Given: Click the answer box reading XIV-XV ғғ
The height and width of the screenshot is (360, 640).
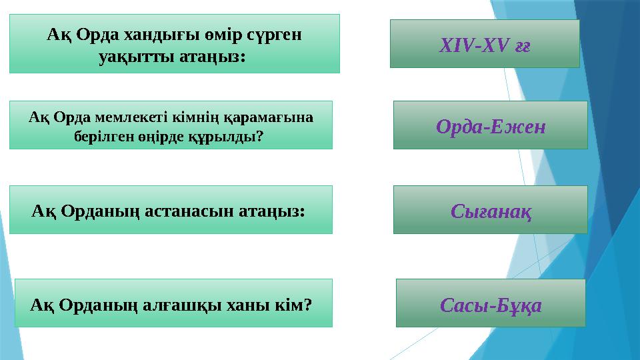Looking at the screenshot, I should [x=485, y=44].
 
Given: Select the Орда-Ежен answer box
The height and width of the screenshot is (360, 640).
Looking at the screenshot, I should [x=490, y=125].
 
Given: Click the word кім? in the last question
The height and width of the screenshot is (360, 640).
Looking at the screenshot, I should [x=294, y=305].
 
